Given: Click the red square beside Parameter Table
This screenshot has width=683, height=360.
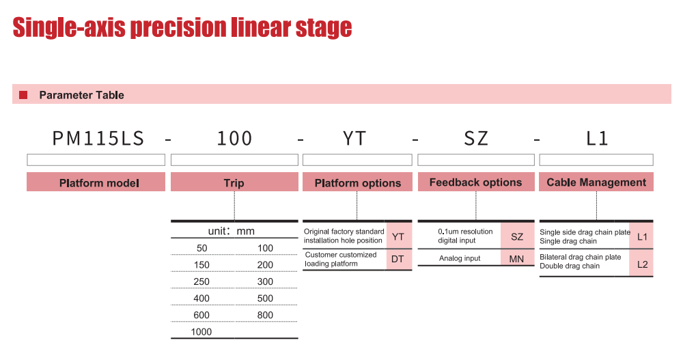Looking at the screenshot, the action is [x=23, y=95].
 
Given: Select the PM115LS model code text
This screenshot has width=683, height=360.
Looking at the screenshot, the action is [x=98, y=139].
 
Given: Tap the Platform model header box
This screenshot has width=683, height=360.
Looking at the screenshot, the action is [x=96, y=182].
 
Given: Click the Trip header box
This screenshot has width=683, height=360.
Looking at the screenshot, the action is [x=234, y=182].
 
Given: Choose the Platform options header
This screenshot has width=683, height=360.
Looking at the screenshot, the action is [x=357, y=182].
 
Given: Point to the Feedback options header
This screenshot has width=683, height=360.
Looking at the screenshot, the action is [x=476, y=182].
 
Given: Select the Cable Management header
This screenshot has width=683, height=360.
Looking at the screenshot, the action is [x=596, y=182].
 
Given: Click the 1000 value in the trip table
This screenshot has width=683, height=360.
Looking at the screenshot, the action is [x=201, y=332].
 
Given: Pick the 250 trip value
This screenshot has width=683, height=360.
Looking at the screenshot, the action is [x=201, y=281].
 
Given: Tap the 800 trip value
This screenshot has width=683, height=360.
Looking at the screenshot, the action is [x=265, y=315].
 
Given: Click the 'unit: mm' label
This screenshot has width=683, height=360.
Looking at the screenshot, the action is [x=232, y=231].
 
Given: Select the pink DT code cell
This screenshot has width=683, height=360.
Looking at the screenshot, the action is [x=398, y=260].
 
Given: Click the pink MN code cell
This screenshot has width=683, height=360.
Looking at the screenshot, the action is [x=517, y=258].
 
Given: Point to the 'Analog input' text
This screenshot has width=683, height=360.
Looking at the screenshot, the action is [x=460, y=258].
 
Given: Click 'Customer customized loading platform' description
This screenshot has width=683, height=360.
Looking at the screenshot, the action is [x=341, y=260].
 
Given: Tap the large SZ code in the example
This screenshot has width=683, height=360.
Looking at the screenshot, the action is [x=476, y=139].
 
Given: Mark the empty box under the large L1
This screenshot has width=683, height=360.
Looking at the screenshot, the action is [x=596, y=160].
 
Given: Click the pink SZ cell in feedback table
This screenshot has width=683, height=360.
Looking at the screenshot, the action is [x=517, y=236].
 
